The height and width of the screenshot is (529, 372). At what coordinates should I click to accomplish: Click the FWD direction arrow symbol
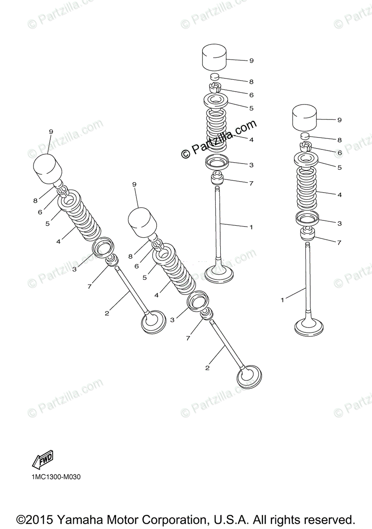(x=43, y=460)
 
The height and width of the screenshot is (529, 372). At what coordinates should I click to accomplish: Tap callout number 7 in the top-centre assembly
(x=251, y=183)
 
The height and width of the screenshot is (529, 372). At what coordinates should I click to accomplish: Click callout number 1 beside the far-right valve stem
(x=282, y=300)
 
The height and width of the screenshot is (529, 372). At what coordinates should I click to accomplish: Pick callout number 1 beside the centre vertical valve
(x=251, y=227)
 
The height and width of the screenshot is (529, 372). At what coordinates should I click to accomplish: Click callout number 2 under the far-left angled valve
(x=106, y=313)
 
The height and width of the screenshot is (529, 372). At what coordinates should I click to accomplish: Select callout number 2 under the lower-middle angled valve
(x=207, y=367)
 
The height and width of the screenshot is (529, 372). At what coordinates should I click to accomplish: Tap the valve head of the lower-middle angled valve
(x=249, y=377)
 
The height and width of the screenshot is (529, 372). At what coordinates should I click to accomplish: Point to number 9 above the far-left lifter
(x=51, y=131)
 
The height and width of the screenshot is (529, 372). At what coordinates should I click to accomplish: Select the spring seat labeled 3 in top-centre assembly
(x=218, y=163)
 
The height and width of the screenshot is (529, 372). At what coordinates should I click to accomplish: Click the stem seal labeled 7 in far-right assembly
(x=307, y=234)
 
